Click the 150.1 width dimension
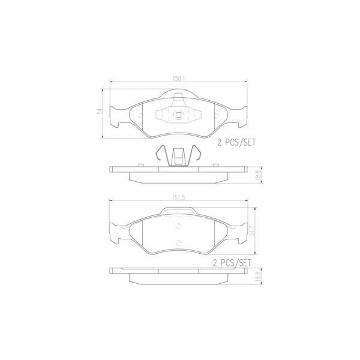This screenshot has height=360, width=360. click(177, 79)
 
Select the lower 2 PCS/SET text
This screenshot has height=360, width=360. click(232, 263)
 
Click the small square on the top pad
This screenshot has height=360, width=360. click(177, 116)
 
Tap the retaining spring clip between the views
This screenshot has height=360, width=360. click(177, 157)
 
